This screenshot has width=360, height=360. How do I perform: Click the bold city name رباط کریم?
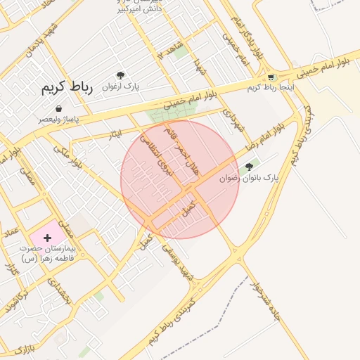63,89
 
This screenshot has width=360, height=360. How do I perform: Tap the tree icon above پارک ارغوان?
121,75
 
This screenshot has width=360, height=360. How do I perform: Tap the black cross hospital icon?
48,238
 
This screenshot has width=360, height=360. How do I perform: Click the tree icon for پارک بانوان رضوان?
247,168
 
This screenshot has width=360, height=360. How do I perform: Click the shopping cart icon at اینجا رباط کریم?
271,77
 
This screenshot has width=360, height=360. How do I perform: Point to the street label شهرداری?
231,122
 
